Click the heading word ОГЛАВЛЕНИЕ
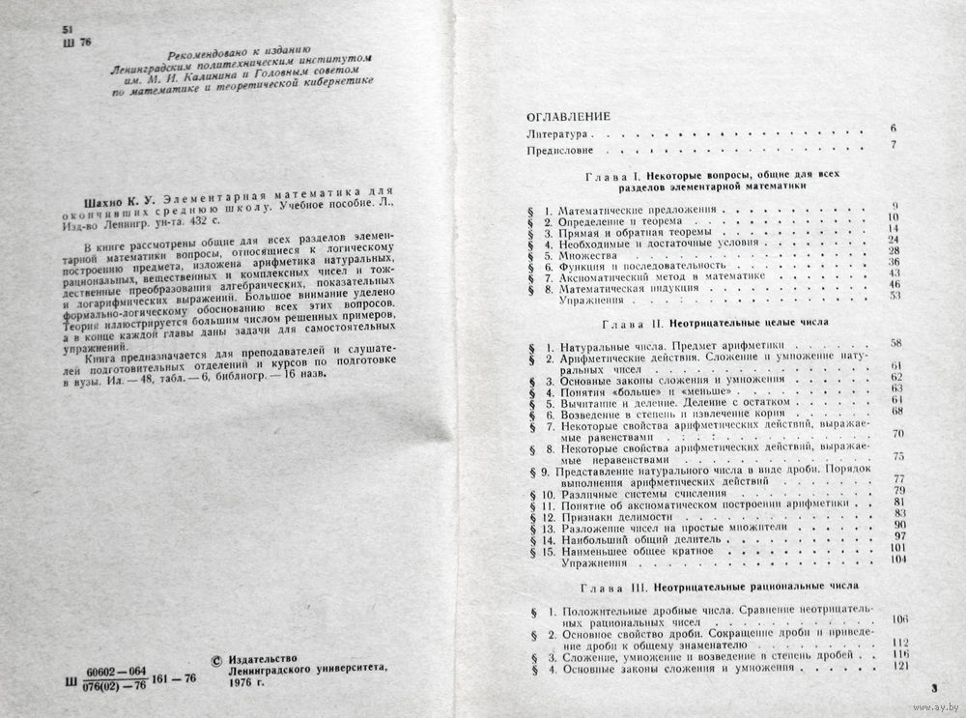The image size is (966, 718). pos(569,115)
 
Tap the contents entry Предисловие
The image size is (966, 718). pos(560,152)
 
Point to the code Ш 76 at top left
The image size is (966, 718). pos(74,43)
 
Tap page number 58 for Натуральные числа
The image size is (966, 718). pos(895,343)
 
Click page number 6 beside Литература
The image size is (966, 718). pos(894,129)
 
